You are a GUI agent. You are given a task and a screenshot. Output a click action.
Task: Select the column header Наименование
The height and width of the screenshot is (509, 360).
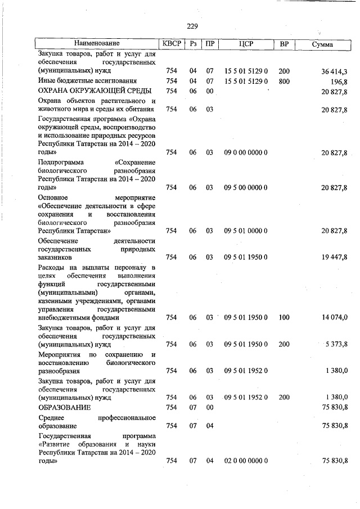click(x=96, y=44)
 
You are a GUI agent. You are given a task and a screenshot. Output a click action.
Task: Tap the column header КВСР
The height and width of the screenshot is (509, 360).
click(x=172, y=44)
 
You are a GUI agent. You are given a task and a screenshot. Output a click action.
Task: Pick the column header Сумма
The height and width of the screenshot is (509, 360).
click(x=322, y=44)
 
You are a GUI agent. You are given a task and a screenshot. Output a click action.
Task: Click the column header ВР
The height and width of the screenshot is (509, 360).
click(x=284, y=44)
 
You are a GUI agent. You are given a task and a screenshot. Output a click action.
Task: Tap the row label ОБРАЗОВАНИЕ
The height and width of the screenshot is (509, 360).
click(x=64, y=407)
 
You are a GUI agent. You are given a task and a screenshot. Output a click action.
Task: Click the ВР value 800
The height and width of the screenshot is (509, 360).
click(x=284, y=81)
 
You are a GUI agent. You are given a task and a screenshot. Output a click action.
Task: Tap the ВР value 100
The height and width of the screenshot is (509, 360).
click(x=284, y=318)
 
